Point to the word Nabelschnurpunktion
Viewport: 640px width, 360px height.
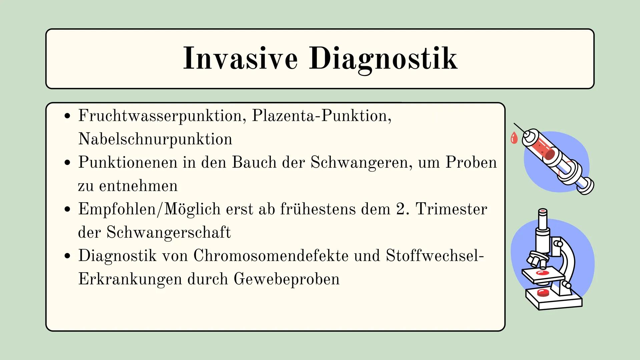(155, 139)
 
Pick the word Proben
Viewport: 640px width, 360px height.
(471, 162)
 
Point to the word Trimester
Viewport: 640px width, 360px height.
(452, 209)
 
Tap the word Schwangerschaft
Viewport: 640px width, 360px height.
(168, 233)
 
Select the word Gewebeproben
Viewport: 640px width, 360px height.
(286, 279)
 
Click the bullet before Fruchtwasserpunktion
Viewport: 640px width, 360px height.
(68, 116)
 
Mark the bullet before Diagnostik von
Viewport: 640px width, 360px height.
(68, 256)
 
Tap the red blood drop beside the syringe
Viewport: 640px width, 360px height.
(514, 138)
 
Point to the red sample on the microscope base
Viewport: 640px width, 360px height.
(543, 293)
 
